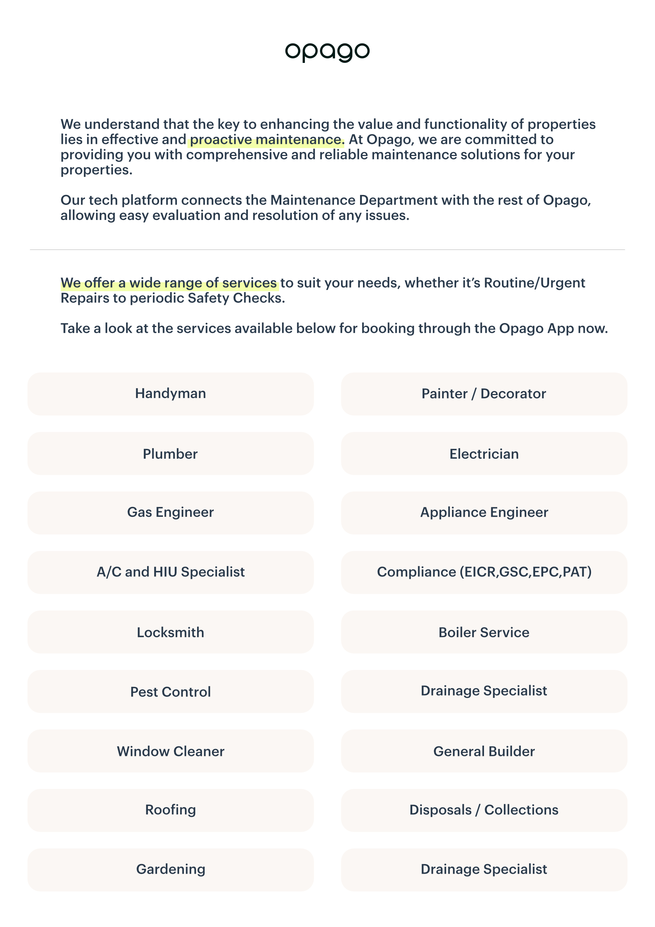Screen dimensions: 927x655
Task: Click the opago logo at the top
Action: tap(327, 51)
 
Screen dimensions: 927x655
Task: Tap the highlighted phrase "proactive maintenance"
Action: tap(266, 140)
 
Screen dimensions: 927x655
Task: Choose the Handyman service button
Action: tap(170, 394)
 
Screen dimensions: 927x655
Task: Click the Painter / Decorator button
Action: tap(484, 394)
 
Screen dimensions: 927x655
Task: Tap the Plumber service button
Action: tap(170, 454)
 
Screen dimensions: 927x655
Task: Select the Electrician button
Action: tap(484, 454)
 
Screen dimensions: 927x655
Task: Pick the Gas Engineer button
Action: tap(170, 512)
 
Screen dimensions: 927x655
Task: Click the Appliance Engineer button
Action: tap(484, 512)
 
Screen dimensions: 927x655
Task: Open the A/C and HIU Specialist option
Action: tap(170, 572)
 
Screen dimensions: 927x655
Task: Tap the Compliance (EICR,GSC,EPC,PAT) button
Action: tap(484, 572)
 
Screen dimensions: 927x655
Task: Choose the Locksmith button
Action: tap(170, 632)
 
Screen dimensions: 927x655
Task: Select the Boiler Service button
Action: tap(484, 632)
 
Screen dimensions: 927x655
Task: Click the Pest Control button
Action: tap(170, 692)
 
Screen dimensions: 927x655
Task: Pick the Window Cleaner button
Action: tap(170, 752)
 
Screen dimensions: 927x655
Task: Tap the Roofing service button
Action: tap(170, 810)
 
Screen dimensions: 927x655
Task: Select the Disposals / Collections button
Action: tap(484, 810)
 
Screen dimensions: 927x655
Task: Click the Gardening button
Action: tap(170, 869)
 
